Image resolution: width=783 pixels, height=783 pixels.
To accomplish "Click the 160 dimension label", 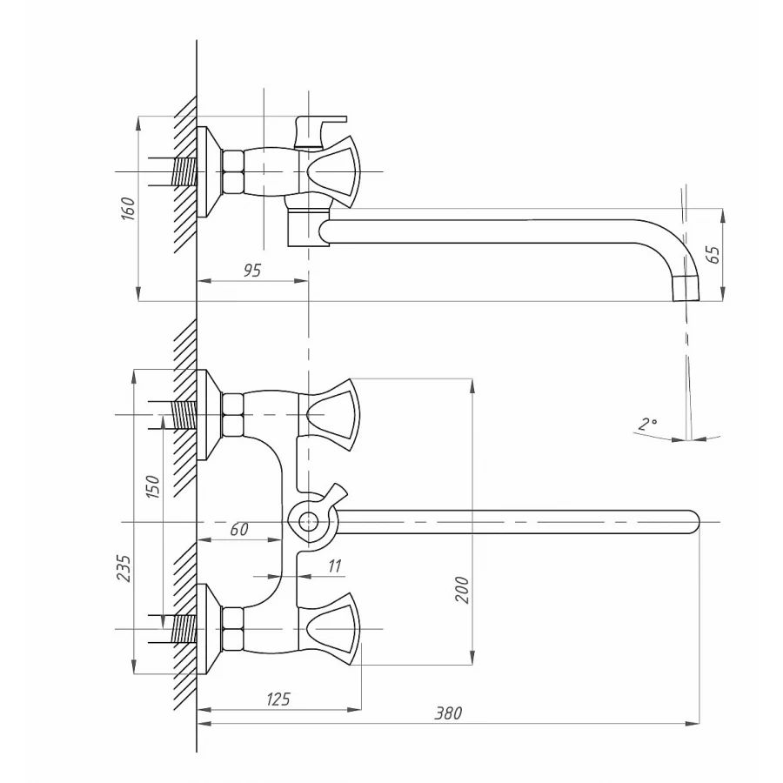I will tap(128, 209).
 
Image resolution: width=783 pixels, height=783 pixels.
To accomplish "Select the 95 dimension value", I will tap(252, 271).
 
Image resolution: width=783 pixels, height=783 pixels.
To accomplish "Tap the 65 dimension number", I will tap(713, 255).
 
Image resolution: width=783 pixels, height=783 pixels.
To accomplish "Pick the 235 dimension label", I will tap(124, 569).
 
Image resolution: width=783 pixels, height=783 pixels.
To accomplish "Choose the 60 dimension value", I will tap(239, 530).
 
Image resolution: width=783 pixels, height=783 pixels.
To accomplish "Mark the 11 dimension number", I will tap(335, 566).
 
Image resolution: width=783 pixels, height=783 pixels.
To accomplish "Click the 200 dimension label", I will tap(461, 590).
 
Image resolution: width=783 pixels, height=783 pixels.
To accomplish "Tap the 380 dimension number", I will tap(448, 713).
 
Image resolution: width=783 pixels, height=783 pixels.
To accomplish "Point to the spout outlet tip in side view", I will tap(686, 286).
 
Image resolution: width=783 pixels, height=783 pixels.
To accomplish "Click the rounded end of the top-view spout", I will tap(692, 520).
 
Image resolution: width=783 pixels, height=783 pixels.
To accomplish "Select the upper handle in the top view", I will tap(331, 415).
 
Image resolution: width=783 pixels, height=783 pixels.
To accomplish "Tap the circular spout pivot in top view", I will tap(307, 521).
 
